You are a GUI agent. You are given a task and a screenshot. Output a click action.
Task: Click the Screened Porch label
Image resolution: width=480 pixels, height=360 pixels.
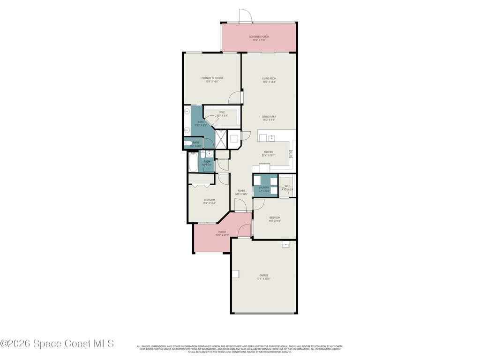(259, 38)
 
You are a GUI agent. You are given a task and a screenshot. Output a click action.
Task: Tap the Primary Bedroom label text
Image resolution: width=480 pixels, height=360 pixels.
(212, 80)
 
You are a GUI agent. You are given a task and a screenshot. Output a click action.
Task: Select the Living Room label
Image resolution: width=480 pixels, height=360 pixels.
(269, 80)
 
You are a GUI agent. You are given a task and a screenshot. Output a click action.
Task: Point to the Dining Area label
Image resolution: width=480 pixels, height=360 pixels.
(269, 118)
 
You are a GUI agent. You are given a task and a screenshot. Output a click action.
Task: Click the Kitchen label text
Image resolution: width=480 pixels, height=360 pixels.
(268, 153)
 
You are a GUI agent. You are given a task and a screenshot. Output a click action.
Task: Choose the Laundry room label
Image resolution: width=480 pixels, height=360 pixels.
(264, 189)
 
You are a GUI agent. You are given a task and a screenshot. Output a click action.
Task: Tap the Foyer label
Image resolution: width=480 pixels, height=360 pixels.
(241, 192)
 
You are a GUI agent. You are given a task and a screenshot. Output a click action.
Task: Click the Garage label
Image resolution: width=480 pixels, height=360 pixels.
(264, 277)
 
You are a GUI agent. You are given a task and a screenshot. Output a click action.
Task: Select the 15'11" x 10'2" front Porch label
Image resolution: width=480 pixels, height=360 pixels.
(222, 233)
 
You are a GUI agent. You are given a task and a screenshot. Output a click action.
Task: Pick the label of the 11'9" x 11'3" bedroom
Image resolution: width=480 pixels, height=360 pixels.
(275, 219)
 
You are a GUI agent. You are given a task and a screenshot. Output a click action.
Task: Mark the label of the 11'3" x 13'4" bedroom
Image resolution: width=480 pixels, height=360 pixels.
(209, 202)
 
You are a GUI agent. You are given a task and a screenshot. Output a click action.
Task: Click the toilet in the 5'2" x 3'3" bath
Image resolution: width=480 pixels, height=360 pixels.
(187, 143)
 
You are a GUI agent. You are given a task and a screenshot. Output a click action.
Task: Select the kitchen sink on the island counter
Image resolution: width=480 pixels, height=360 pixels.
(271, 137)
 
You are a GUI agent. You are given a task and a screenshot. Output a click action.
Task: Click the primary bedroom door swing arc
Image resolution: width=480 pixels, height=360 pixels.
(234, 97)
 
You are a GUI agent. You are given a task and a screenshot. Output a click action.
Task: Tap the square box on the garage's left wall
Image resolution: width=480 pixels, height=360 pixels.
(235, 274)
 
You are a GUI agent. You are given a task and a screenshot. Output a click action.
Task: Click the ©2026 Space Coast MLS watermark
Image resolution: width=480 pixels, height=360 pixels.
(57, 344)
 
